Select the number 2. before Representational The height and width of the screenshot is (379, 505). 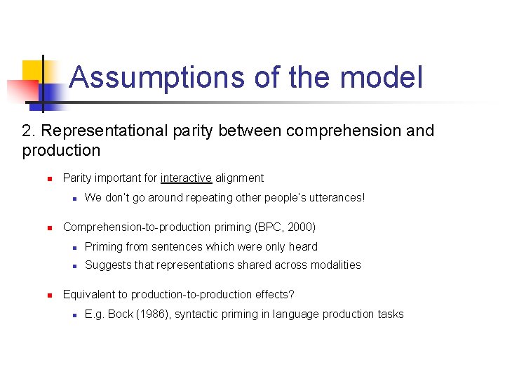(29, 131)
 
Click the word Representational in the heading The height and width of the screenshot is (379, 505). (114, 131)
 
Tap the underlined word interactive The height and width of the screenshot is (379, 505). (186, 178)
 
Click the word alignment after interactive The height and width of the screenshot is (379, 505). (239, 178)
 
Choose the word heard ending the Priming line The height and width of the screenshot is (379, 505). (303, 247)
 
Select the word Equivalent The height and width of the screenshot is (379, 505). (89, 295)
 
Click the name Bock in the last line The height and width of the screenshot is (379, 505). (121, 314)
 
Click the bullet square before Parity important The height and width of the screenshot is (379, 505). (50, 178)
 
